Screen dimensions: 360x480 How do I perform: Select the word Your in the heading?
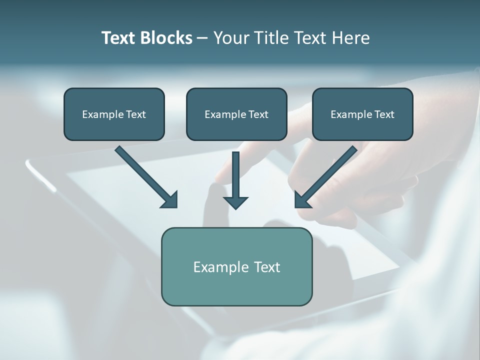231,38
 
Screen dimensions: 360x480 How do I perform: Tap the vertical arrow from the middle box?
235,175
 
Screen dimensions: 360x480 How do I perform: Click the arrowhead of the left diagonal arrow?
170,200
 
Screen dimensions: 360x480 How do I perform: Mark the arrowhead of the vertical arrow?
235,202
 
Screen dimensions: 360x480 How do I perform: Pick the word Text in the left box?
136,114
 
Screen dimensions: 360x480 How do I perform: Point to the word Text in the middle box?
258,114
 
